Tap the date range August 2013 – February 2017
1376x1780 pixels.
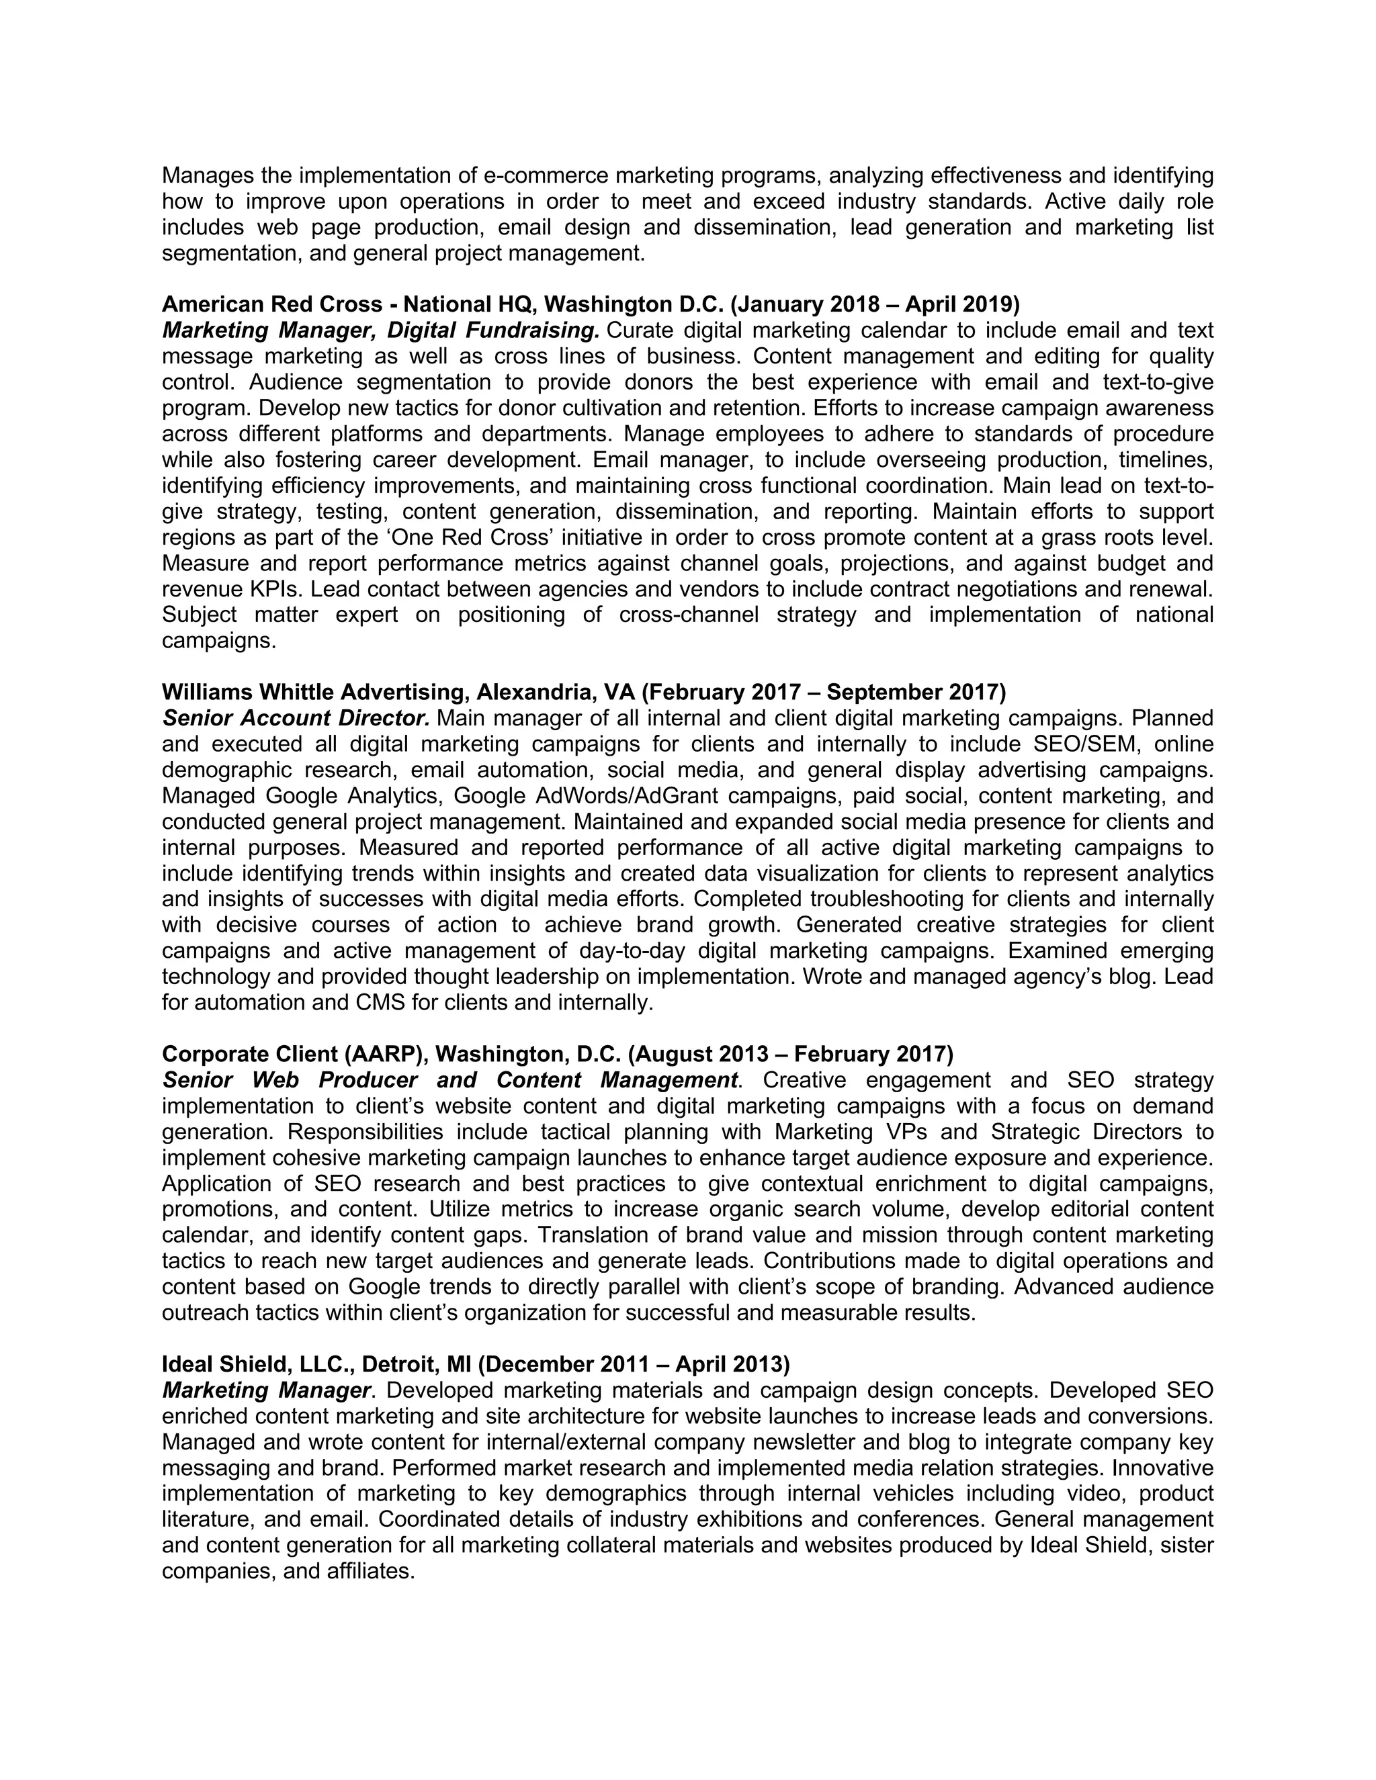pos(791,1054)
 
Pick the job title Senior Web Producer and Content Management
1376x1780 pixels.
pos(450,1080)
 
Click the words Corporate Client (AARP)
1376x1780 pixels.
pos(294,1054)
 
